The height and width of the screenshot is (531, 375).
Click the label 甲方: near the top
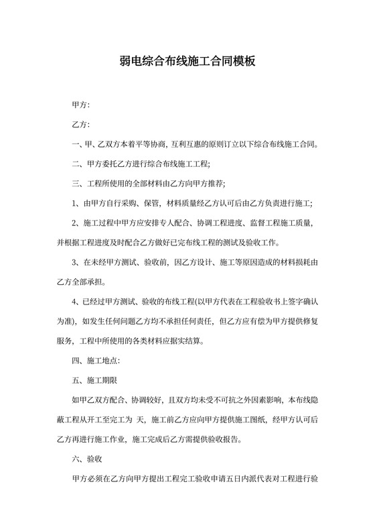pyautogui.click(x=80, y=106)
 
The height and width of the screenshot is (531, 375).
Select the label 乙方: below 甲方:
pyautogui.click(x=80, y=125)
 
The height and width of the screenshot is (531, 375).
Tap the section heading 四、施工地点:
pyautogui.click(x=95, y=360)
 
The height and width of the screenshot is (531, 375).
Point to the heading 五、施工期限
pyautogui.click(x=94, y=380)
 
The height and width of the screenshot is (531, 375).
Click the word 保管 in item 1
pyautogui.click(x=149, y=204)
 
